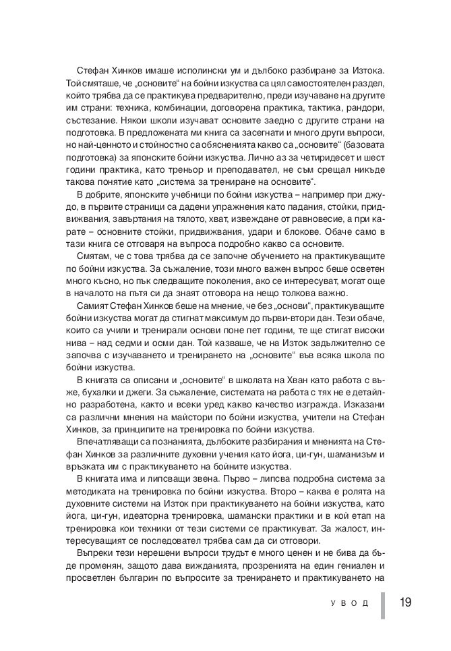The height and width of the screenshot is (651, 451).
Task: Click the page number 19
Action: click(x=405, y=602)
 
